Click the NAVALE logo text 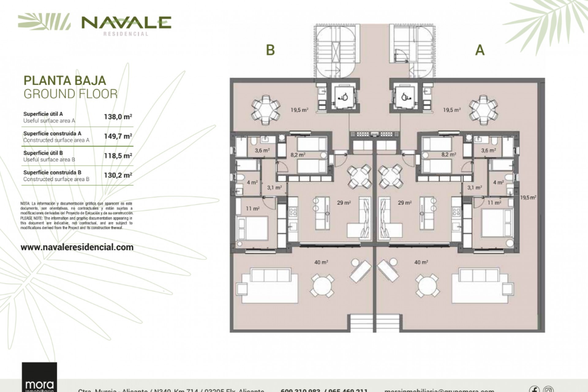point(126,22)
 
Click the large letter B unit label point(270,50)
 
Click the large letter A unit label point(480,50)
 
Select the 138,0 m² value point(118,117)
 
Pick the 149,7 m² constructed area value point(118,136)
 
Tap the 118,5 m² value point(118,156)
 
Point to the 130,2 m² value point(118,175)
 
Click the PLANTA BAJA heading point(65,81)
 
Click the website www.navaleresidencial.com point(77,247)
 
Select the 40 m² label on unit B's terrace point(321,262)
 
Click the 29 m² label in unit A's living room point(405,203)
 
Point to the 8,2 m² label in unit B point(298,155)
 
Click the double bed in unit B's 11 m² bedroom point(252,228)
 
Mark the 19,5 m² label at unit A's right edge point(528,198)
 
